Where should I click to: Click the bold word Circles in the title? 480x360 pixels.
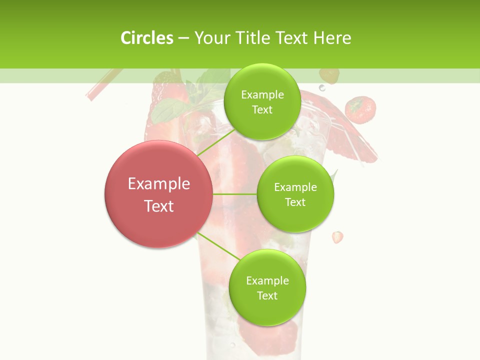point(146,37)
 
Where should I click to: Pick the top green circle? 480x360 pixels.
point(262,101)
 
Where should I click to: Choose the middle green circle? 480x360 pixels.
point(295,194)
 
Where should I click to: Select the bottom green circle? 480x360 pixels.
point(267,288)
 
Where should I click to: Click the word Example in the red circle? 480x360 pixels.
point(159,184)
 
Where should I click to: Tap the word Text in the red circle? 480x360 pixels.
point(159,206)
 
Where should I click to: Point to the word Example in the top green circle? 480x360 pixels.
point(262,94)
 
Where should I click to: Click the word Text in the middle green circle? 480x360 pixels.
point(295,202)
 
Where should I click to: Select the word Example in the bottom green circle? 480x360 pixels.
point(267,280)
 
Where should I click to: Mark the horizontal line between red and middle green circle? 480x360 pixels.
point(235,194)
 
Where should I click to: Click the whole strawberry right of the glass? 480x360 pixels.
point(360,109)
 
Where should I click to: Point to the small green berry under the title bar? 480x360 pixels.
point(329,75)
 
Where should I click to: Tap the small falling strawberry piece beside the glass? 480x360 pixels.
point(338,236)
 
